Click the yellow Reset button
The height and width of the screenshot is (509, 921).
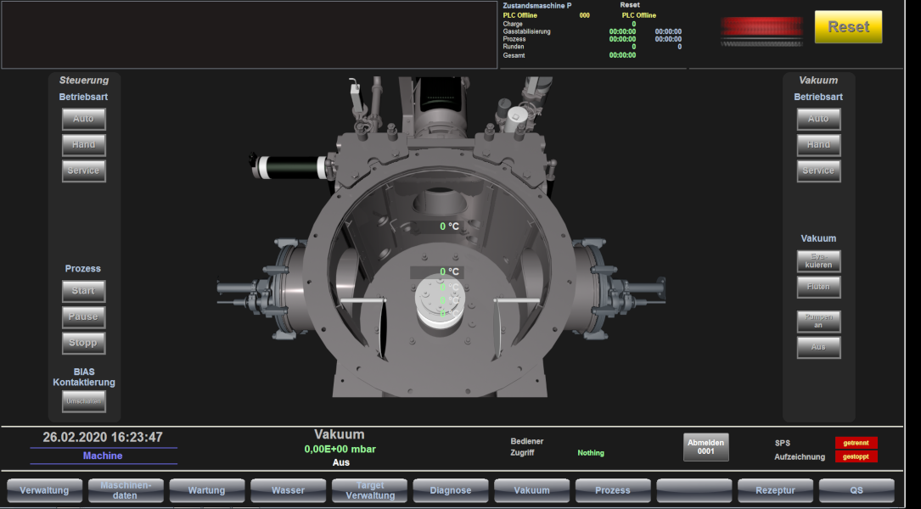pyautogui.click(x=848, y=27)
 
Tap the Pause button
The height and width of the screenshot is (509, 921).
pyautogui.click(x=83, y=317)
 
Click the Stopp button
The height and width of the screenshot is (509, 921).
pyautogui.click(x=83, y=343)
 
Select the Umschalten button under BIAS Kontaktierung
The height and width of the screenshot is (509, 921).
pyautogui.click(x=83, y=401)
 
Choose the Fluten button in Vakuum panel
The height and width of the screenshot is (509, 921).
pyautogui.click(x=818, y=288)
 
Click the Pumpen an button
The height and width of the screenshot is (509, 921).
pyautogui.click(x=818, y=321)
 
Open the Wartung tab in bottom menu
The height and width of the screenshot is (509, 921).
pyautogui.click(x=206, y=490)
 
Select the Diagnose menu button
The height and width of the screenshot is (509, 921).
pyautogui.click(x=451, y=490)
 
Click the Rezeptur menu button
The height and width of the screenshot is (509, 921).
pyautogui.click(x=775, y=490)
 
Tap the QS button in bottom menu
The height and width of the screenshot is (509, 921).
pyautogui.click(x=856, y=490)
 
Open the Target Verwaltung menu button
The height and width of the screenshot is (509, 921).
pyautogui.click(x=369, y=490)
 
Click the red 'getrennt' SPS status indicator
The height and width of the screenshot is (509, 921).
pyautogui.click(x=856, y=443)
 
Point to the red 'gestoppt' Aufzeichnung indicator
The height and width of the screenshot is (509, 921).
pyautogui.click(x=856, y=456)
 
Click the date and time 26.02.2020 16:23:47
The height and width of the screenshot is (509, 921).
pyautogui.click(x=103, y=438)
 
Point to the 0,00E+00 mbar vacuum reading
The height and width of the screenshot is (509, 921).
pyautogui.click(x=340, y=449)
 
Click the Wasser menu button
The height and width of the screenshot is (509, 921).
pyautogui.click(x=288, y=490)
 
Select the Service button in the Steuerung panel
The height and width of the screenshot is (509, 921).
pyautogui.click(x=83, y=171)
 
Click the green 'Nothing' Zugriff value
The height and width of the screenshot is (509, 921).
pyautogui.click(x=591, y=453)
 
